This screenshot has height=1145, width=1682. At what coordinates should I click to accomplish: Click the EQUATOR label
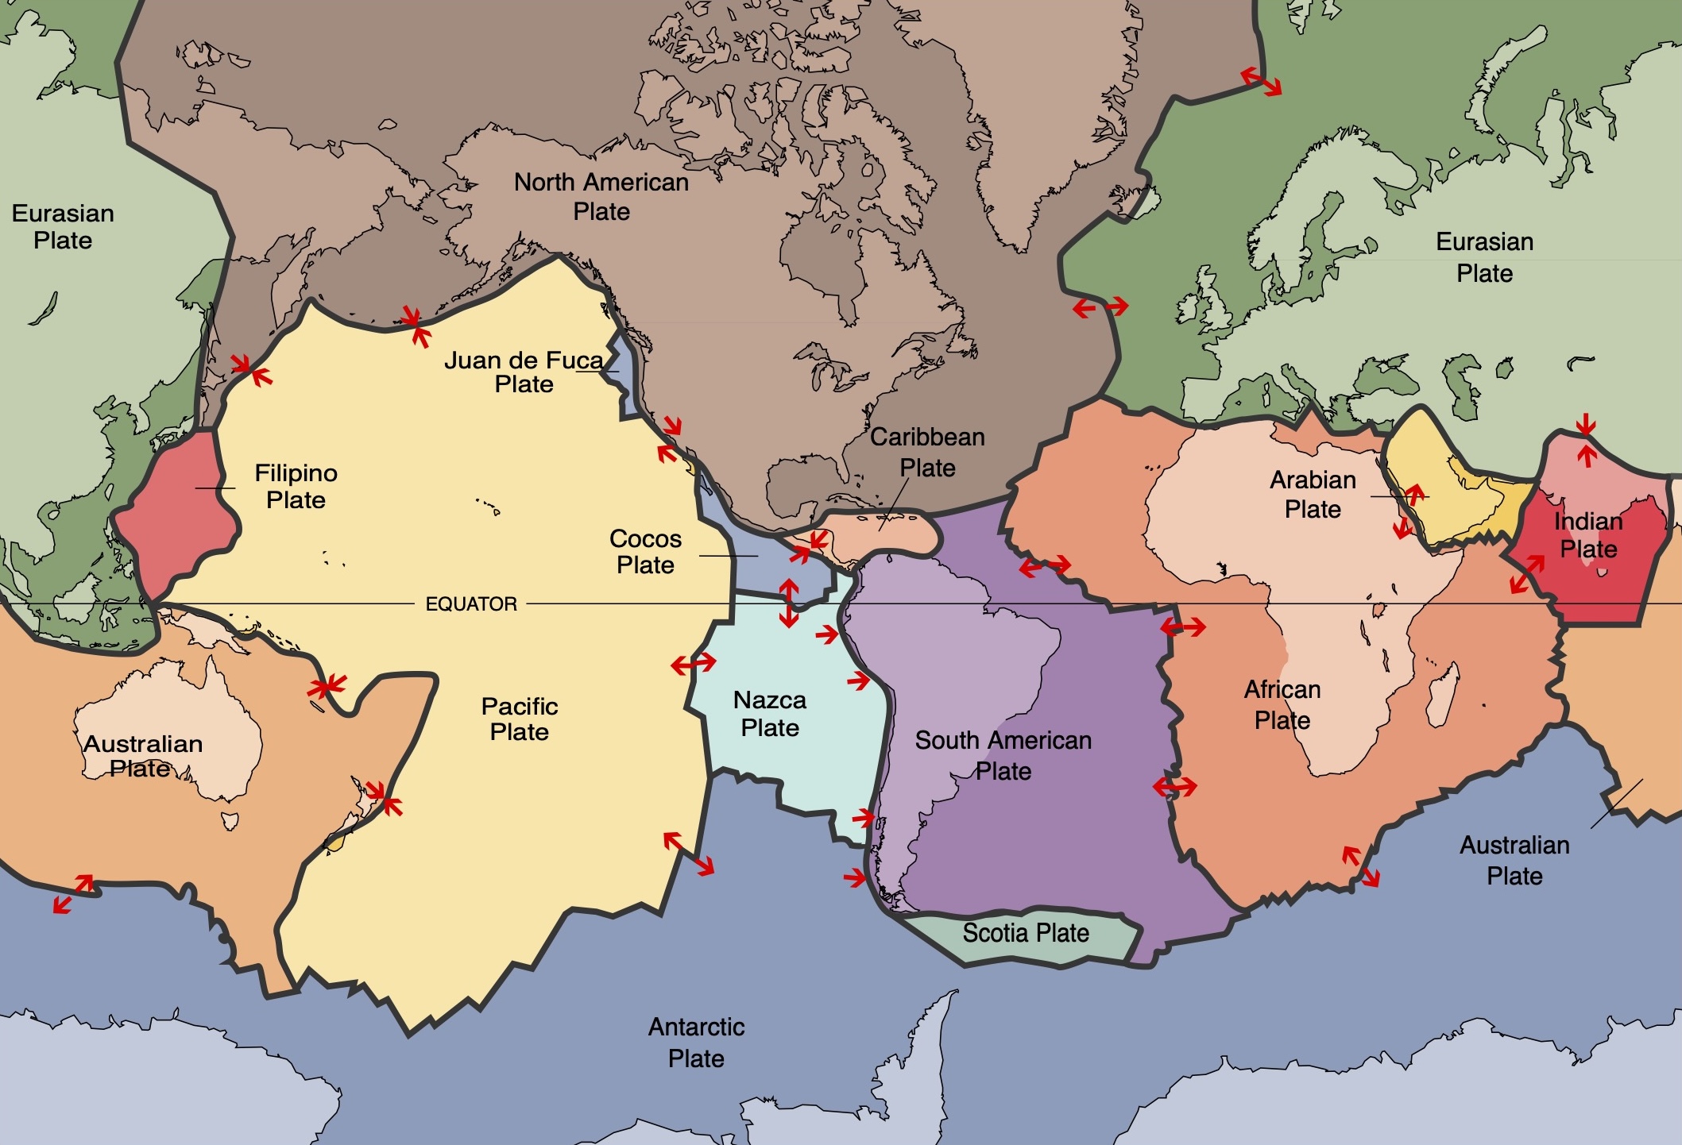(471, 604)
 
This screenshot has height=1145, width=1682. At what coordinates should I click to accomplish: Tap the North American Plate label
(601, 197)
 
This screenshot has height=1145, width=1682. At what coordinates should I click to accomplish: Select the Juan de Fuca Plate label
(524, 372)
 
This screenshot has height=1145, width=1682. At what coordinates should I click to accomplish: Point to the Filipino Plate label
(296, 487)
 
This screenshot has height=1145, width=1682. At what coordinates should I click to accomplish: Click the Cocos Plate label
(645, 552)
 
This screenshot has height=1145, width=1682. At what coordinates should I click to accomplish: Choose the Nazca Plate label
(769, 714)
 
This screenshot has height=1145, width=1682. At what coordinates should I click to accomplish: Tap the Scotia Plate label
(1026, 933)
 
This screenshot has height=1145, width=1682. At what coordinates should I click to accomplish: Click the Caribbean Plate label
(927, 452)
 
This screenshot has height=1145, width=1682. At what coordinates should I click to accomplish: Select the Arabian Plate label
(1313, 494)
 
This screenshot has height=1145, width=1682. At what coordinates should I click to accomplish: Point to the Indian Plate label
(1588, 535)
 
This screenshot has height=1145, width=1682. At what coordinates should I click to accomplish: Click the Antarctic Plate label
(696, 1043)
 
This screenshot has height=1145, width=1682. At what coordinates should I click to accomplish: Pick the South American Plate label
(1003, 755)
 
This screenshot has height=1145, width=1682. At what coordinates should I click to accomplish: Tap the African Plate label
(1282, 704)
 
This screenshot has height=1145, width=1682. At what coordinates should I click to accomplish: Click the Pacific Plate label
(520, 719)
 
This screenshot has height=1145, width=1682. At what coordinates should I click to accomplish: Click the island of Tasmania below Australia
(230, 820)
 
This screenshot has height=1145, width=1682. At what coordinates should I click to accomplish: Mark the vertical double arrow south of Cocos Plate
(788, 603)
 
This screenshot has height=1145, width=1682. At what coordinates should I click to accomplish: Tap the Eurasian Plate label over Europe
(1484, 257)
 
